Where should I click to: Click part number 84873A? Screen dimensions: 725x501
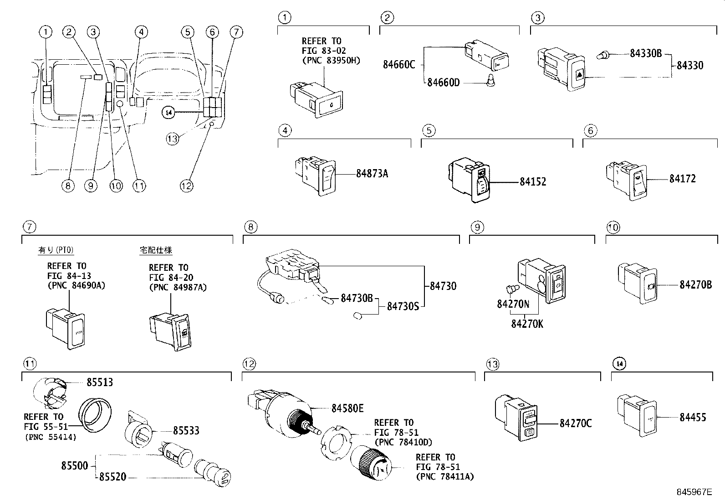pos(372,174)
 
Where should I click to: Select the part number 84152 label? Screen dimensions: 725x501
pos(533,182)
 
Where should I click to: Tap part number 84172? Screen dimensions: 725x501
pos(682,179)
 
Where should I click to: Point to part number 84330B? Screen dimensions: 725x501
pos(645,53)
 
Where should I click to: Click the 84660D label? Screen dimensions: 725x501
pos(444,83)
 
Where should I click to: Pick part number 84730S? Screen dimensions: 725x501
pos(403,306)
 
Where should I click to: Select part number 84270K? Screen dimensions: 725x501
pos(527,324)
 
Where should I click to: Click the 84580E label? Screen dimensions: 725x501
pos(347,408)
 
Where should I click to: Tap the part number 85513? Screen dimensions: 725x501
pos(100,382)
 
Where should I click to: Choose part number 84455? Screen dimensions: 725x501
pos(693,417)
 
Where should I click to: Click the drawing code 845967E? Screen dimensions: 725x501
pos(694,492)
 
